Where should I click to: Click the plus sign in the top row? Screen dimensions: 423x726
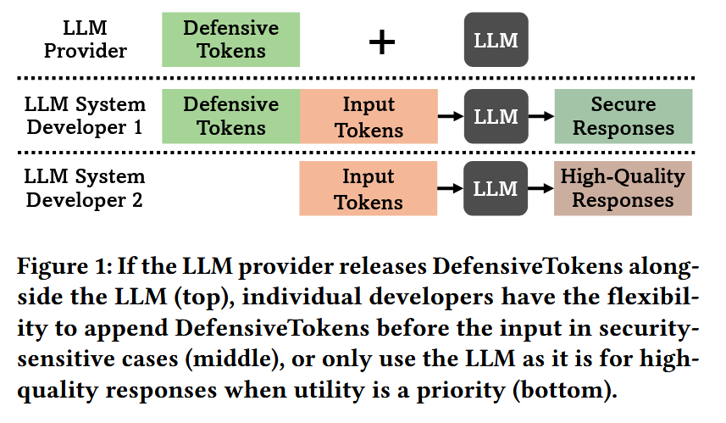382,41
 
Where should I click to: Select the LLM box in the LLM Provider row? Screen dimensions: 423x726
496,40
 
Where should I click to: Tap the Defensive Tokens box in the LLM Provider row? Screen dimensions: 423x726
230,40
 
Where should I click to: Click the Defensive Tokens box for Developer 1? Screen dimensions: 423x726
230,116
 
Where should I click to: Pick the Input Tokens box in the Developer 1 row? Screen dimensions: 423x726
369,116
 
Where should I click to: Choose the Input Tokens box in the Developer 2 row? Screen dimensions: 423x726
369,189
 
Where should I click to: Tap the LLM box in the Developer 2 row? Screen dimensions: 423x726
496,188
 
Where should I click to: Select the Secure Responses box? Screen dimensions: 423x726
623,116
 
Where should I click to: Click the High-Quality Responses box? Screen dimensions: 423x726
623,189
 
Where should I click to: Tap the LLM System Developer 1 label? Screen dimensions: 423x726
85,116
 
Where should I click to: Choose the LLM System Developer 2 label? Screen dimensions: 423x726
85,189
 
